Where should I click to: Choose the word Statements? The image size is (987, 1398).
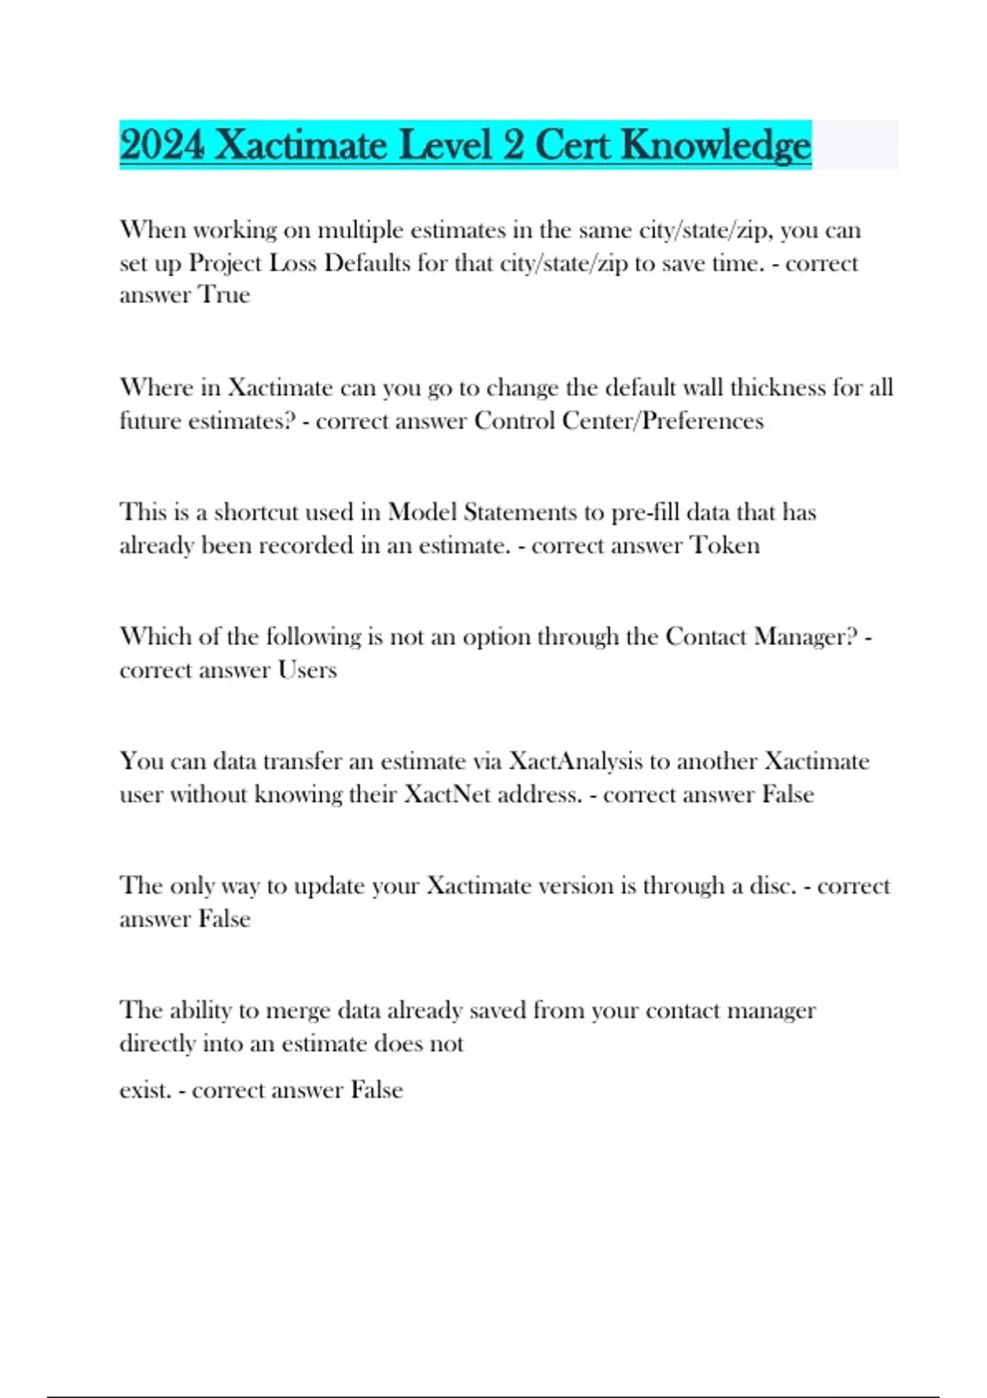tap(520, 512)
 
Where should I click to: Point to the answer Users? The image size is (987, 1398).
tap(307, 670)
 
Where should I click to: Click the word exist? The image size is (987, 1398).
tap(146, 1090)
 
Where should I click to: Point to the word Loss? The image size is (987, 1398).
tap(294, 263)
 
